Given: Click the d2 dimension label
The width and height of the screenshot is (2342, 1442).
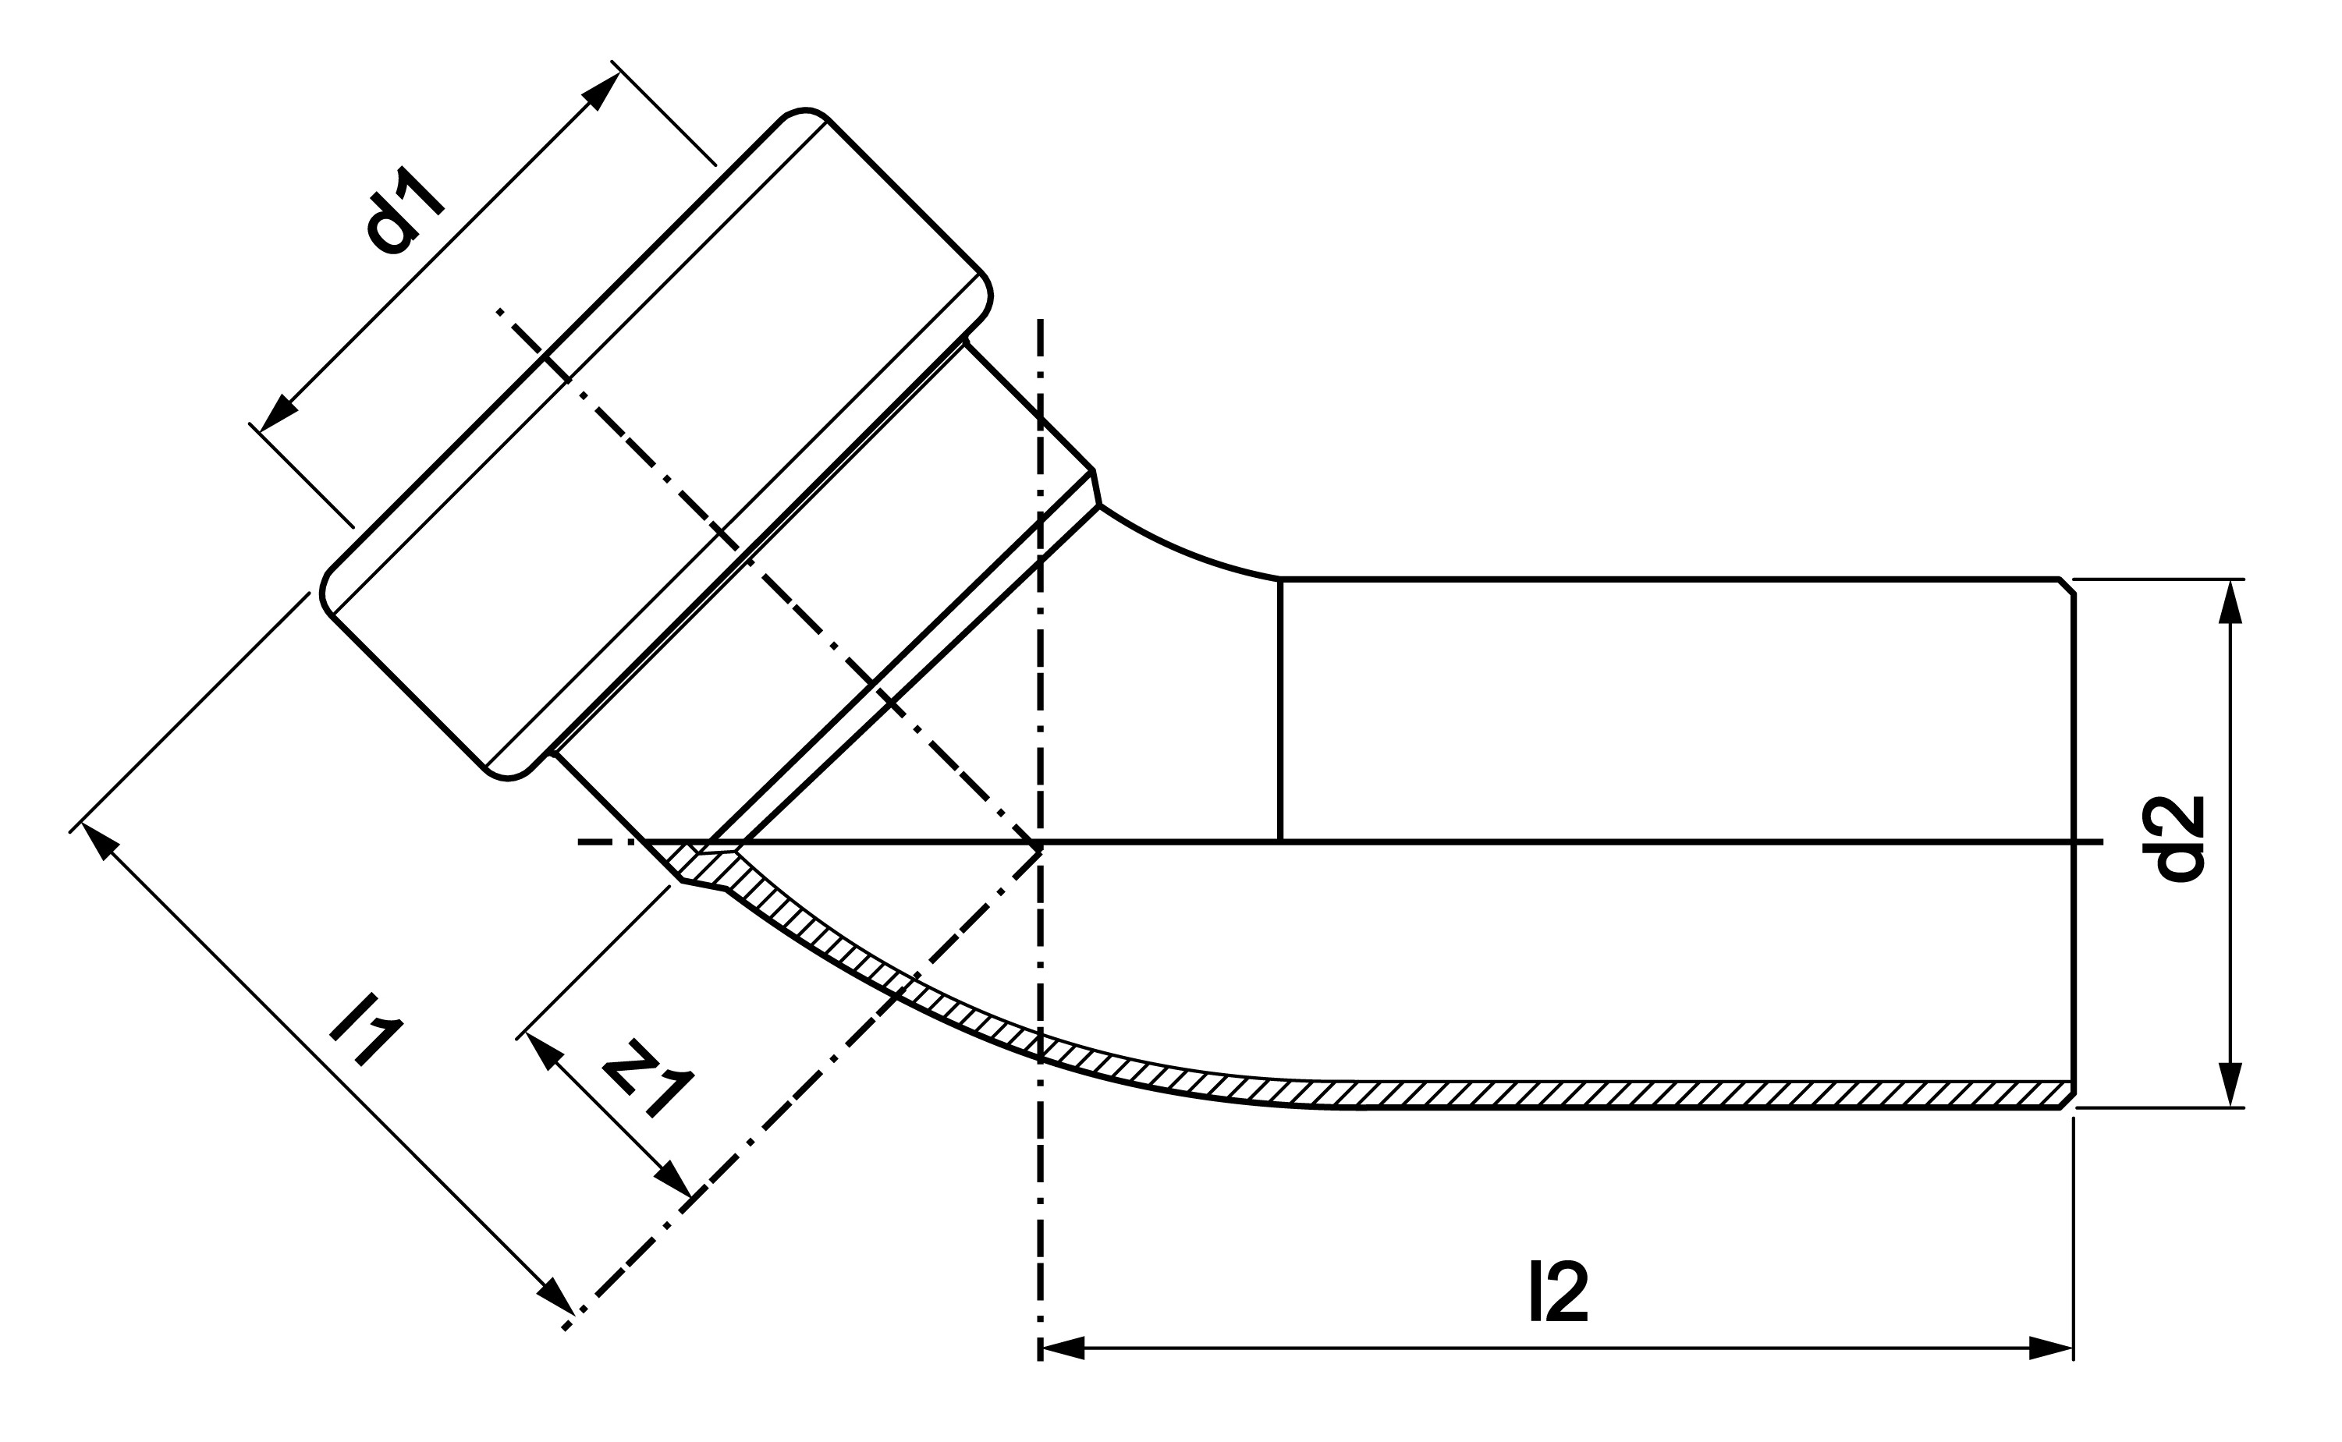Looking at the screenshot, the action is click(2181, 838).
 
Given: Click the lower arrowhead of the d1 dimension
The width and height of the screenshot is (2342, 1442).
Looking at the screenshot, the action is click(279, 412).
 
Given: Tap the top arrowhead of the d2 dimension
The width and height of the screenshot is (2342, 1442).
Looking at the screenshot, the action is click(2230, 601).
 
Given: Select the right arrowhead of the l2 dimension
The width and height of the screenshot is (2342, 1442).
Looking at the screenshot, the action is click(2051, 1348).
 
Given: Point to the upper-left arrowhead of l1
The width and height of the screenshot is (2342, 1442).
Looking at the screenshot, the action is click(100, 841).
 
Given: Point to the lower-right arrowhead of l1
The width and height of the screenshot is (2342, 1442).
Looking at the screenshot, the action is click(555, 1295).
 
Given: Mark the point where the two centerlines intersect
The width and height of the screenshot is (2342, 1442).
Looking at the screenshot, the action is click(1040, 842).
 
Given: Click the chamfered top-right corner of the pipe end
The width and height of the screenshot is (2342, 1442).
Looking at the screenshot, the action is click(2067, 586).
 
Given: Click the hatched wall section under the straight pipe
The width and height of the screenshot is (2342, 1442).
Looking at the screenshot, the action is click(1717, 1094).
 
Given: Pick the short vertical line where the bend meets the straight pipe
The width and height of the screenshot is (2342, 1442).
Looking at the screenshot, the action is click(1279, 710).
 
